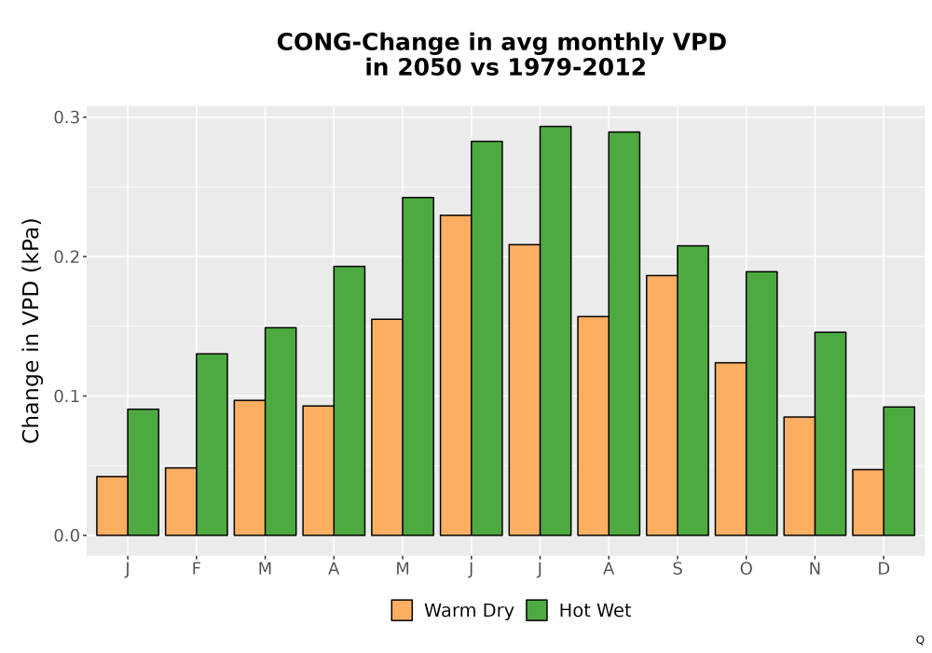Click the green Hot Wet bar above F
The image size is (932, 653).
coord(212,444)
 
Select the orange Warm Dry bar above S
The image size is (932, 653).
coord(662,405)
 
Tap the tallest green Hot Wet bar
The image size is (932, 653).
coord(555,330)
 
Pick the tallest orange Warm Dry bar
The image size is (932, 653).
coord(456,375)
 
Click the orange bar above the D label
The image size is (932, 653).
coord(868,503)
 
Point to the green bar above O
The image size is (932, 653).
coord(761,403)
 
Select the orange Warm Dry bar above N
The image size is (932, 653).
coord(799,476)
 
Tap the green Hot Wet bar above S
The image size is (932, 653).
coord(692,390)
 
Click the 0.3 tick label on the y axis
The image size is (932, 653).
coord(66,118)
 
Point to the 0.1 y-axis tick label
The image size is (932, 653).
coord(66,396)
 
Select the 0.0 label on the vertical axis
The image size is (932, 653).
coord(66,535)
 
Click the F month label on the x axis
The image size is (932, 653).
coord(196,569)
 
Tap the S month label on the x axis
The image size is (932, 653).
coord(677,569)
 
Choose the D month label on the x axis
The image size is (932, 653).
coord(884,569)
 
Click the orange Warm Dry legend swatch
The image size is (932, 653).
coord(402,610)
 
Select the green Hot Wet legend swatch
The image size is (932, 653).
coord(537,610)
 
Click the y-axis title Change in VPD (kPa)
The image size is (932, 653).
coord(31,330)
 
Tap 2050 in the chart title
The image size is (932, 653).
coord(429,67)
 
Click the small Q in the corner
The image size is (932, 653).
coord(920,640)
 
